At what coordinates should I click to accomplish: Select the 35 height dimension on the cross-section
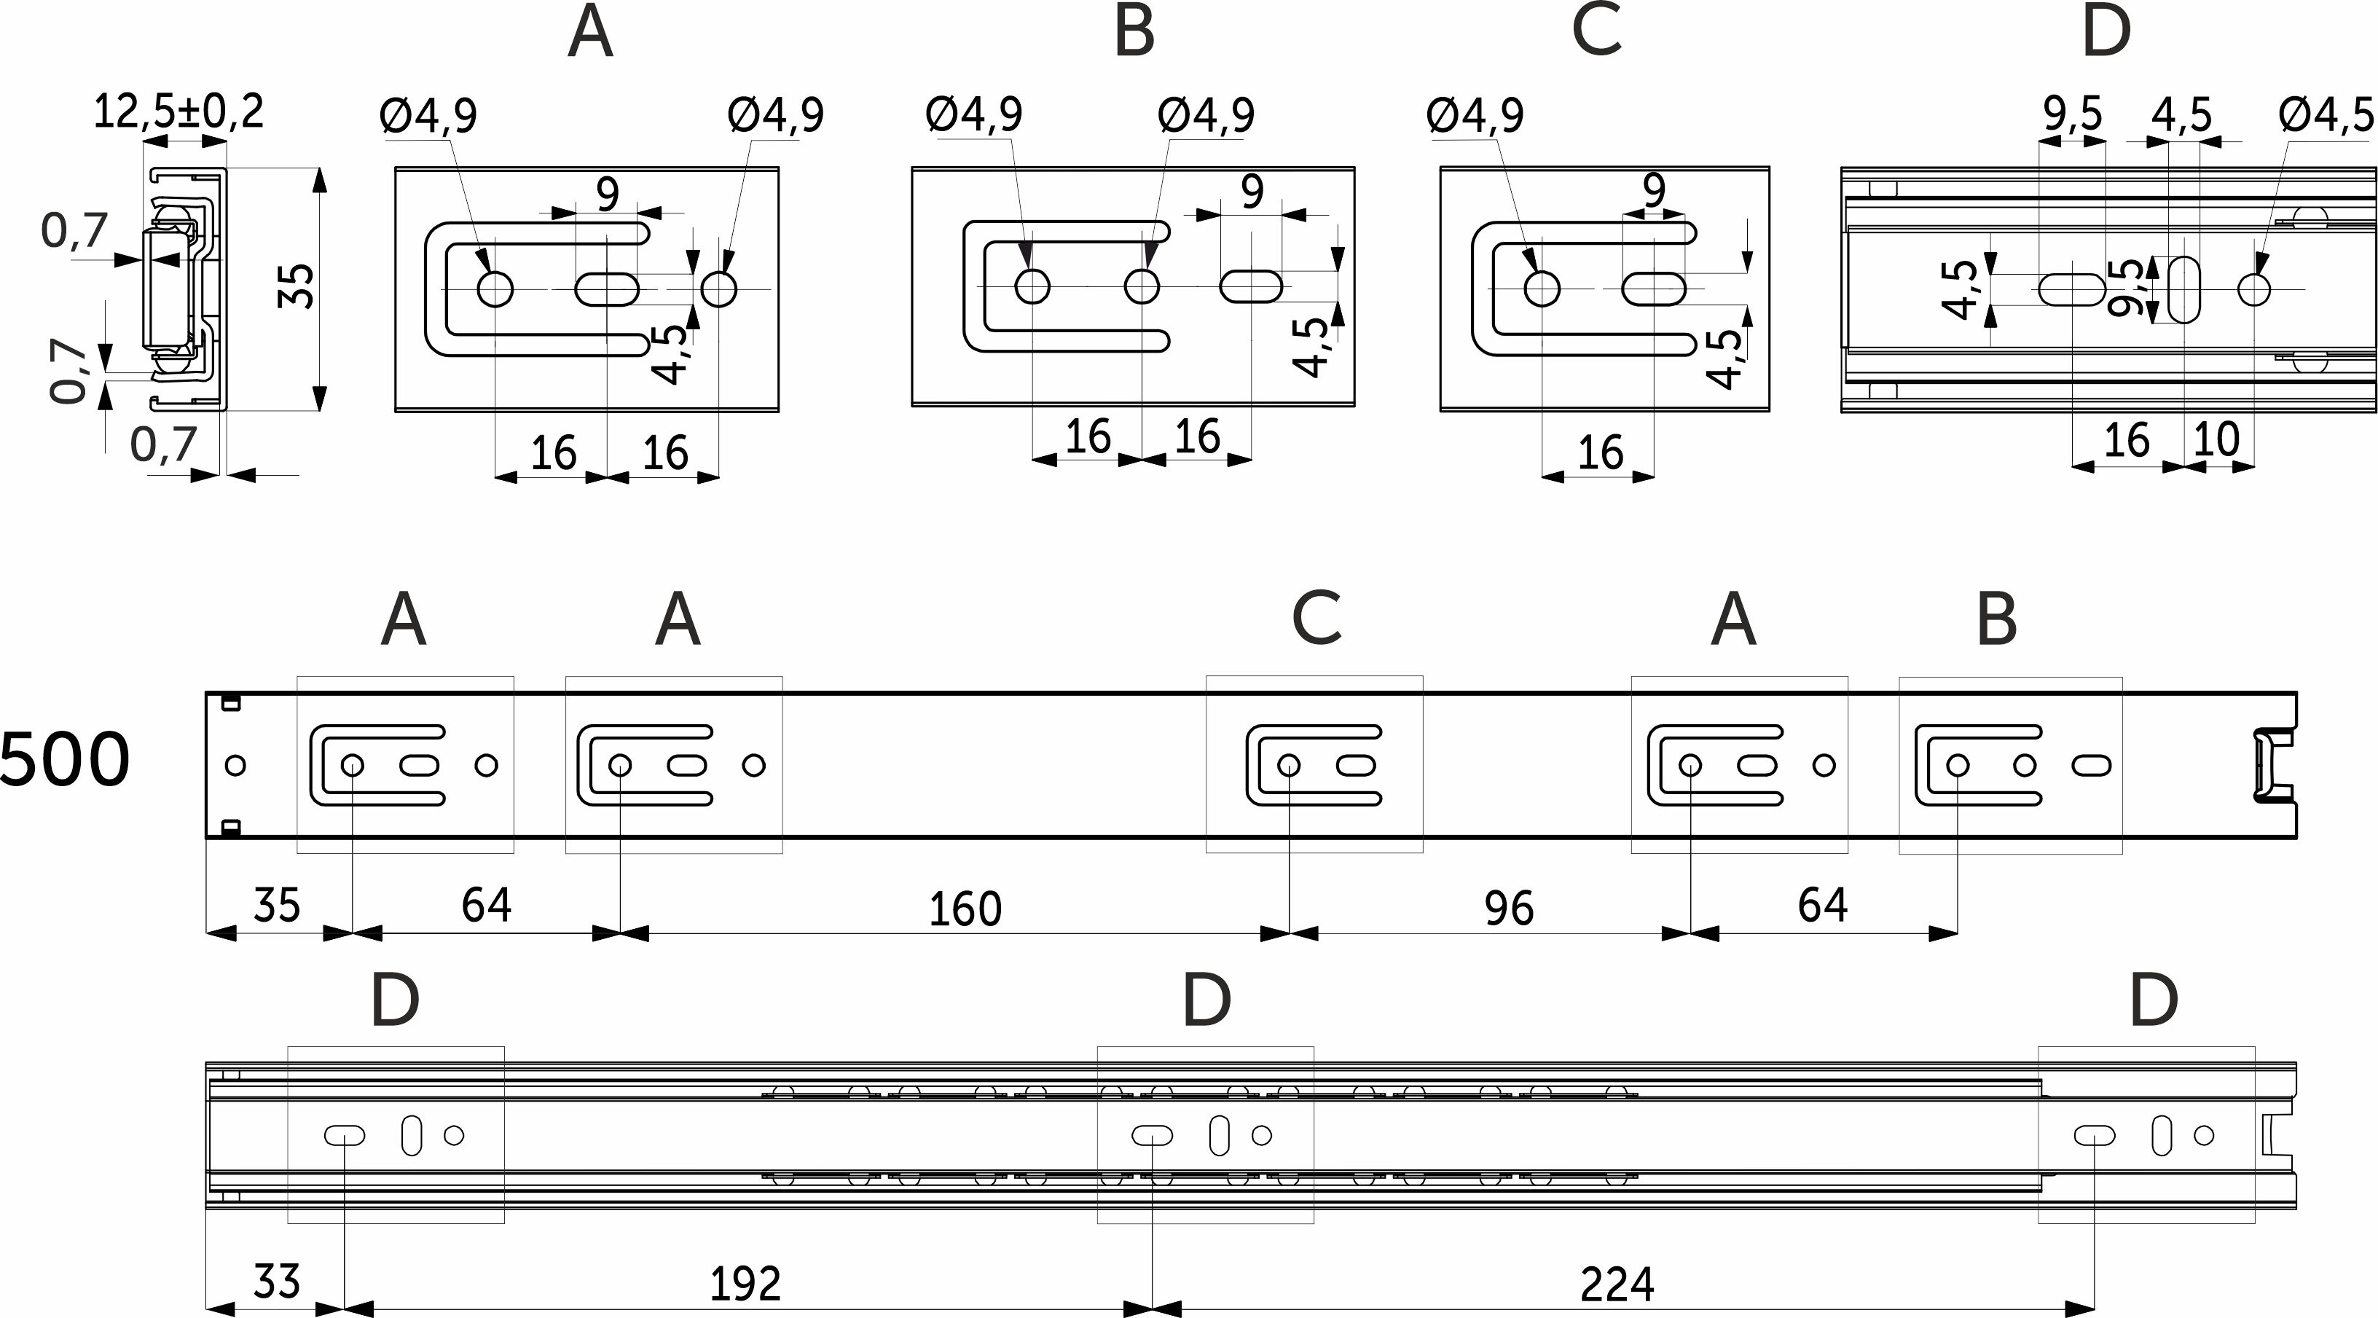pos(297,286)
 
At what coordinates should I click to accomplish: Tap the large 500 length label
pos(65,761)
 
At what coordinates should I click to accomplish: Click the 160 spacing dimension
pos(965,909)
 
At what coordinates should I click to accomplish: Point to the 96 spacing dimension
pos(1508,909)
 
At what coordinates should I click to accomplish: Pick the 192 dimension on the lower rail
pos(745,1284)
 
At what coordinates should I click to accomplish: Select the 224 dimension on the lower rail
pos(1617,1284)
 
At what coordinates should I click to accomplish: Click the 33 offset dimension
pos(276,1282)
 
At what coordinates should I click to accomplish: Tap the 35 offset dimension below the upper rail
pos(276,906)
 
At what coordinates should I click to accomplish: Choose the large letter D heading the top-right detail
pos(2106,32)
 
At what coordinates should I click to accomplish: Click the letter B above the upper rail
pos(1996,620)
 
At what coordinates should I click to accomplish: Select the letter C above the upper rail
pos(1316,619)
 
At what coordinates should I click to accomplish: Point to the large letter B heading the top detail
pos(1134,32)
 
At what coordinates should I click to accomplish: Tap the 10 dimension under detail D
pos(2216,439)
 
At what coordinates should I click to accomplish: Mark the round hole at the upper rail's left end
pos(235,765)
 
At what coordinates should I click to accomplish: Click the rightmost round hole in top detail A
pos(718,289)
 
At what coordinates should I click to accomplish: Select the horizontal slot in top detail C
pos(1655,289)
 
